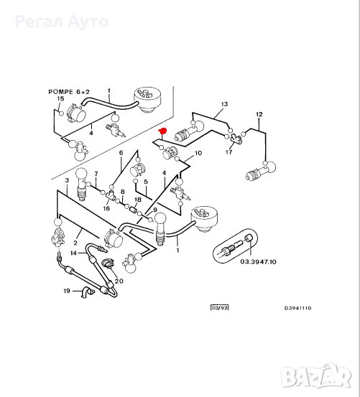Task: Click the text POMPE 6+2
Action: pos(69,92)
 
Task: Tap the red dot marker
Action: pos(162,131)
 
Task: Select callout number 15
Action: pos(61,98)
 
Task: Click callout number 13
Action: pos(224,104)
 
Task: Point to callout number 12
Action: pos(259,114)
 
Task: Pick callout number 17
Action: pos(229,152)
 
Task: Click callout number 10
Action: pos(198,153)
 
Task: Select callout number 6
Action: pos(121,153)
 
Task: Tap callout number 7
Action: pos(96,174)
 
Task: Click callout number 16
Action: pos(106,208)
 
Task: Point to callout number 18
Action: pos(137,200)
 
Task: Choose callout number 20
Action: pos(119,281)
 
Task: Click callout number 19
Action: pos(67,291)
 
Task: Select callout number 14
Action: pos(73,253)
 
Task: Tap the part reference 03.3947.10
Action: pos(258,261)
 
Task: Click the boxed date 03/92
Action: pos(220,308)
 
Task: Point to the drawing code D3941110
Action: pos(297,308)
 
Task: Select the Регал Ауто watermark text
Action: pos(62,22)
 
